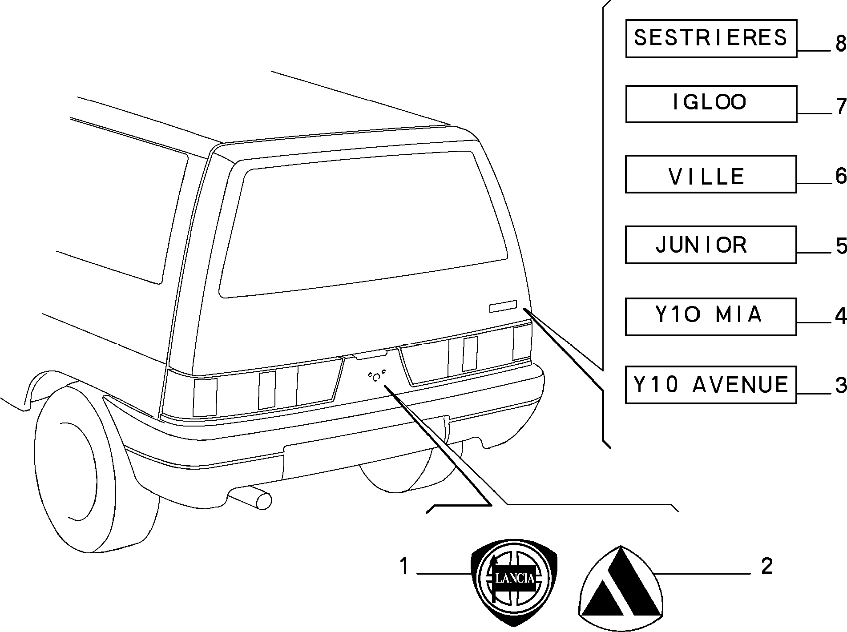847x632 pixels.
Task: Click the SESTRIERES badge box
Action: [711, 39]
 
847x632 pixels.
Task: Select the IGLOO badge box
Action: [711, 104]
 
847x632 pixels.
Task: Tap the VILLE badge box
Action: [711, 174]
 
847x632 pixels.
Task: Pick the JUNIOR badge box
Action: [711, 245]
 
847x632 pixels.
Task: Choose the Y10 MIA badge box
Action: [711, 317]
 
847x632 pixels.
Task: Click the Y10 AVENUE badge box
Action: [711, 385]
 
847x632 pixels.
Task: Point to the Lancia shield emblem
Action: [514, 582]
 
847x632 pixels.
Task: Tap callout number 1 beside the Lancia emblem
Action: [403, 567]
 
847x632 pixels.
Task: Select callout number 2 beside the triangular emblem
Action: [766, 567]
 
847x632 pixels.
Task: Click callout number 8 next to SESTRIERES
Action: [840, 44]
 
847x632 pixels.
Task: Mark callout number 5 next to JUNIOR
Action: [840, 246]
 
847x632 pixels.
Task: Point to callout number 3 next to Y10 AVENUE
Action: [840, 385]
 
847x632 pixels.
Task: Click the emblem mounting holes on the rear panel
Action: [376, 376]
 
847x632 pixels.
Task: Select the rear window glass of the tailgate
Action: [363, 225]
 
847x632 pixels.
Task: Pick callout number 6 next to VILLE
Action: [840, 176]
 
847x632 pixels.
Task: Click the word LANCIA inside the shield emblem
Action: [515, 578]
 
